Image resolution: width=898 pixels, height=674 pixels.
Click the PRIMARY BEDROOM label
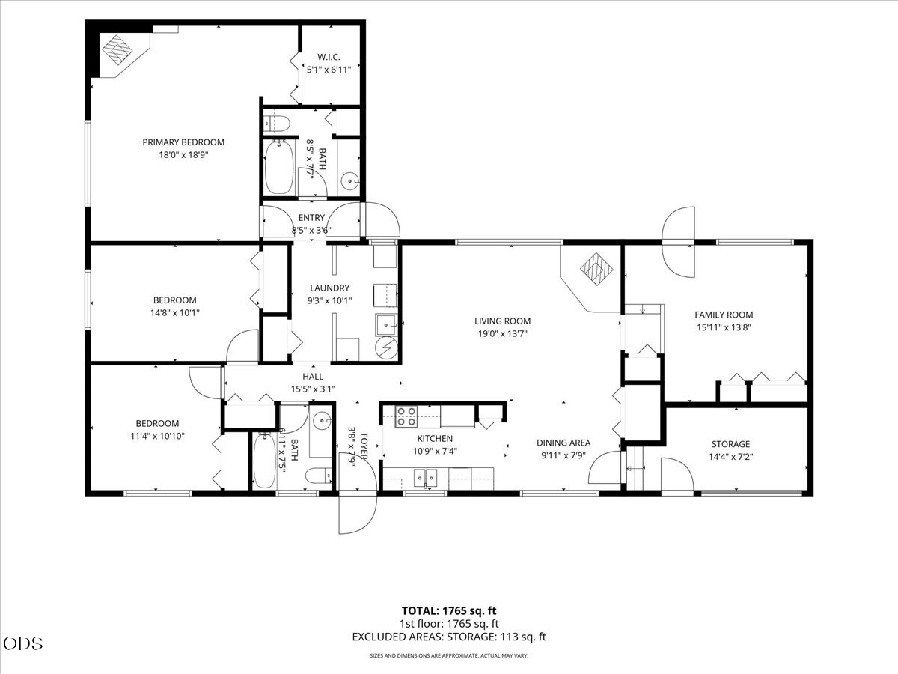tap(183, 142)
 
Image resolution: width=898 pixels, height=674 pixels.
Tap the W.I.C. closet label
tap(329, 57)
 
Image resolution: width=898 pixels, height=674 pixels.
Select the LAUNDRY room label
tap(330, 288)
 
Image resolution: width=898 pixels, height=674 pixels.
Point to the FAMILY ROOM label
tap(724, 315)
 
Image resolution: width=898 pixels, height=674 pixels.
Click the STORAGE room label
tap(730, 444)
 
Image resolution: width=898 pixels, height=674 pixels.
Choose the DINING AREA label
tap(563, 443)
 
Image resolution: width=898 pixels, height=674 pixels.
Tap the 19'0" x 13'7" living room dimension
tap(502, 333)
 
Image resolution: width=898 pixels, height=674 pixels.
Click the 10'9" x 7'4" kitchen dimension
tap(435, 452)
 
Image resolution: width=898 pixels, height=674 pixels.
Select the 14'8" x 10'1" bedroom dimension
tap(174, 312)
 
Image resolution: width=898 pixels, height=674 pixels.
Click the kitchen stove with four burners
tap(406, 416)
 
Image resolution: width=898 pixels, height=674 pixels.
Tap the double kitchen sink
tap(426, 478)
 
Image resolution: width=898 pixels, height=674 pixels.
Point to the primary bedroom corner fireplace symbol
tap(117, 50)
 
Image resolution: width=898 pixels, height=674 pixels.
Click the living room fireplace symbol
tap(596, 269)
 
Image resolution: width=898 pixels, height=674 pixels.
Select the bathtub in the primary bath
tap(279, 168)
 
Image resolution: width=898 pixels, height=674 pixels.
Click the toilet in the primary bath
tap(277, 123)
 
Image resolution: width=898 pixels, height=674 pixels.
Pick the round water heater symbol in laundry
tap(387, 347)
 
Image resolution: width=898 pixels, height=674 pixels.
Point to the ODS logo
tap(23, 643)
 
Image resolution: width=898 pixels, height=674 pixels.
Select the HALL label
tap(313, 377)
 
